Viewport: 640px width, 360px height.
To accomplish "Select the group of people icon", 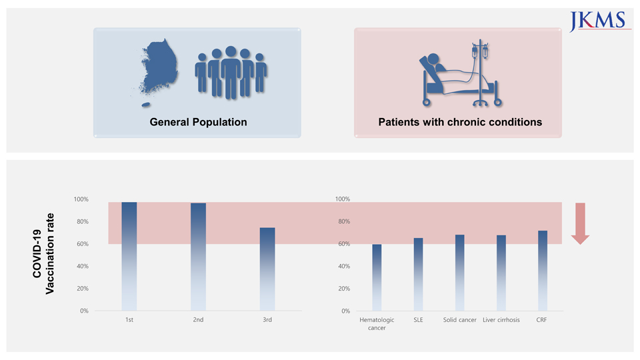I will click(x=231, y=72).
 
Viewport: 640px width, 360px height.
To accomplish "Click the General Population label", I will click(x=198, y=122).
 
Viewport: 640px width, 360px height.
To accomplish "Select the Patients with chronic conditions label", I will click(x=459, y=122).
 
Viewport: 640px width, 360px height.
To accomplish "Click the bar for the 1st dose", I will click(x=129, y=256).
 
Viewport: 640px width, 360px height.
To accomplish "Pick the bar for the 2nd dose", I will click(x=198, y=257).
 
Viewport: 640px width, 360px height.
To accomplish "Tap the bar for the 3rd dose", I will click(x=267, y=269).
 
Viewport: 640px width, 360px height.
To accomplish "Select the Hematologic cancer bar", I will click(x=377, y=277).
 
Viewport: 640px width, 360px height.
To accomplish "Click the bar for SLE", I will click(x=418, y=274).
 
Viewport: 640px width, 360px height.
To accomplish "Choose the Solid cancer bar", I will click(x=460, y=273).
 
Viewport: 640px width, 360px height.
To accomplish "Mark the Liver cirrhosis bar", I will click(x=501, y=273).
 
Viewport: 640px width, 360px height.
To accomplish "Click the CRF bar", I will click(x=543, y=271).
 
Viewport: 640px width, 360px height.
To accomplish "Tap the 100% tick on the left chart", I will click(x=81, y=199).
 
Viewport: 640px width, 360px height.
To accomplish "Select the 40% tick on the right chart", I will click(x=342, y=266).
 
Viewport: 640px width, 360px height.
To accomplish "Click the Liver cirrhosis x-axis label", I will click(x=501, y=320).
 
